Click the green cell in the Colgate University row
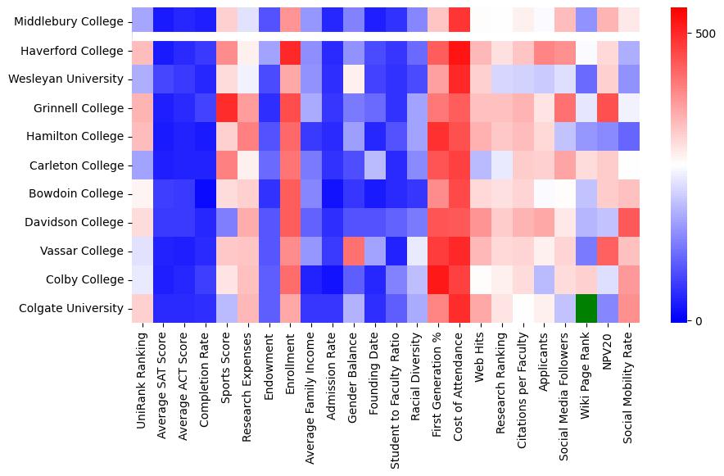587,308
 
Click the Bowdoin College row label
77,193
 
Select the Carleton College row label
78,165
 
